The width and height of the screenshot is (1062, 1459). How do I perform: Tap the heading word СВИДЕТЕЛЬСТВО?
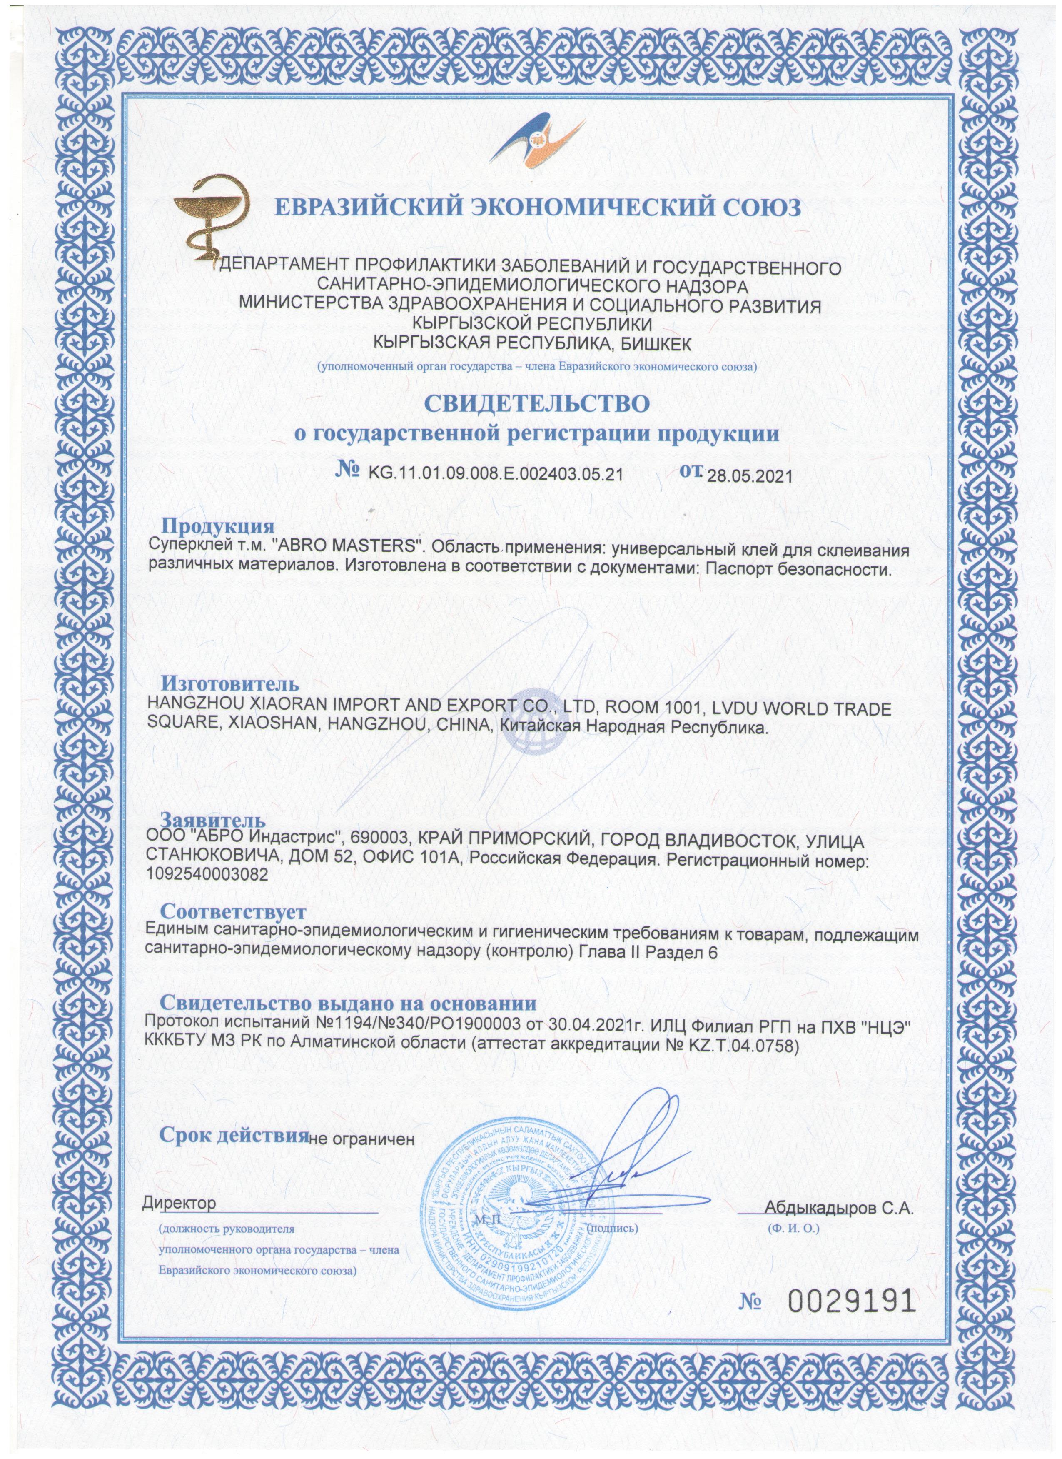[536, 403]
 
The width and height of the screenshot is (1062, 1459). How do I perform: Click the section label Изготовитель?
[229, 683]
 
